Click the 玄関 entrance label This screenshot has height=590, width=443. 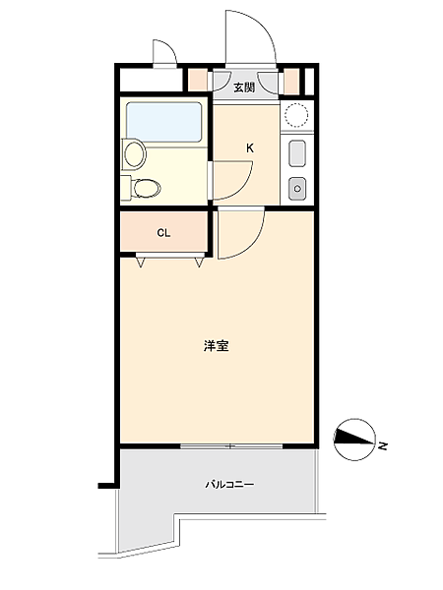tap(244, 88)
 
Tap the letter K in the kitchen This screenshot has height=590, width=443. tap(250, 148)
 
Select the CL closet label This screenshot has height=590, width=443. tap(163, 233)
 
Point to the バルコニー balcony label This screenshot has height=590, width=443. tap(229, 484)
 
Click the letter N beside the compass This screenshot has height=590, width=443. tap(384, 446)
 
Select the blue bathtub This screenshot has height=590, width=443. tap(163, 120)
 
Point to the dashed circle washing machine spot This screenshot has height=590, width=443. tap(296, 115)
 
